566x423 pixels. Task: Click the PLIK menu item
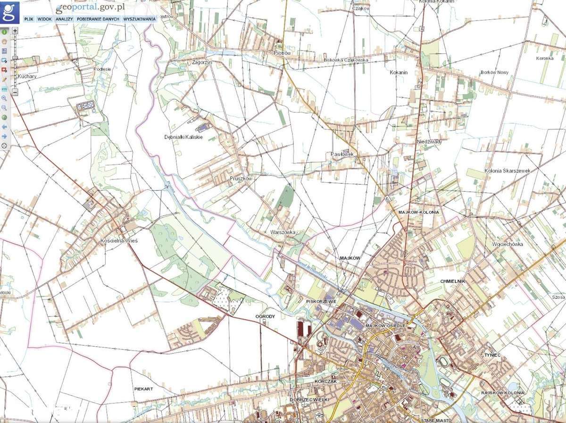[28, 19]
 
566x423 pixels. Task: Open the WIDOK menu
[44, 19]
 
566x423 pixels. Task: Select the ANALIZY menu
[64, 19]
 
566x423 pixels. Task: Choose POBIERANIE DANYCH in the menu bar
[98, 19]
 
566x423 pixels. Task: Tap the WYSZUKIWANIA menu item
[139, 19]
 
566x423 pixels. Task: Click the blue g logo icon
[9, 12]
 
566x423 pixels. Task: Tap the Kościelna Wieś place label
[119, 241]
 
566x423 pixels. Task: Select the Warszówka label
[283, 232]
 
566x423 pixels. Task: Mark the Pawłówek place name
[342, 154]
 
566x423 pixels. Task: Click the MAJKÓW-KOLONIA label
[418, 212]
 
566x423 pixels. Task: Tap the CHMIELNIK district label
[452, 281]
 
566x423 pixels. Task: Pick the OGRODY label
[264, 316]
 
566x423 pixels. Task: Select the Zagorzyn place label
[200, 62]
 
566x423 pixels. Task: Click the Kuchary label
[26, 76]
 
